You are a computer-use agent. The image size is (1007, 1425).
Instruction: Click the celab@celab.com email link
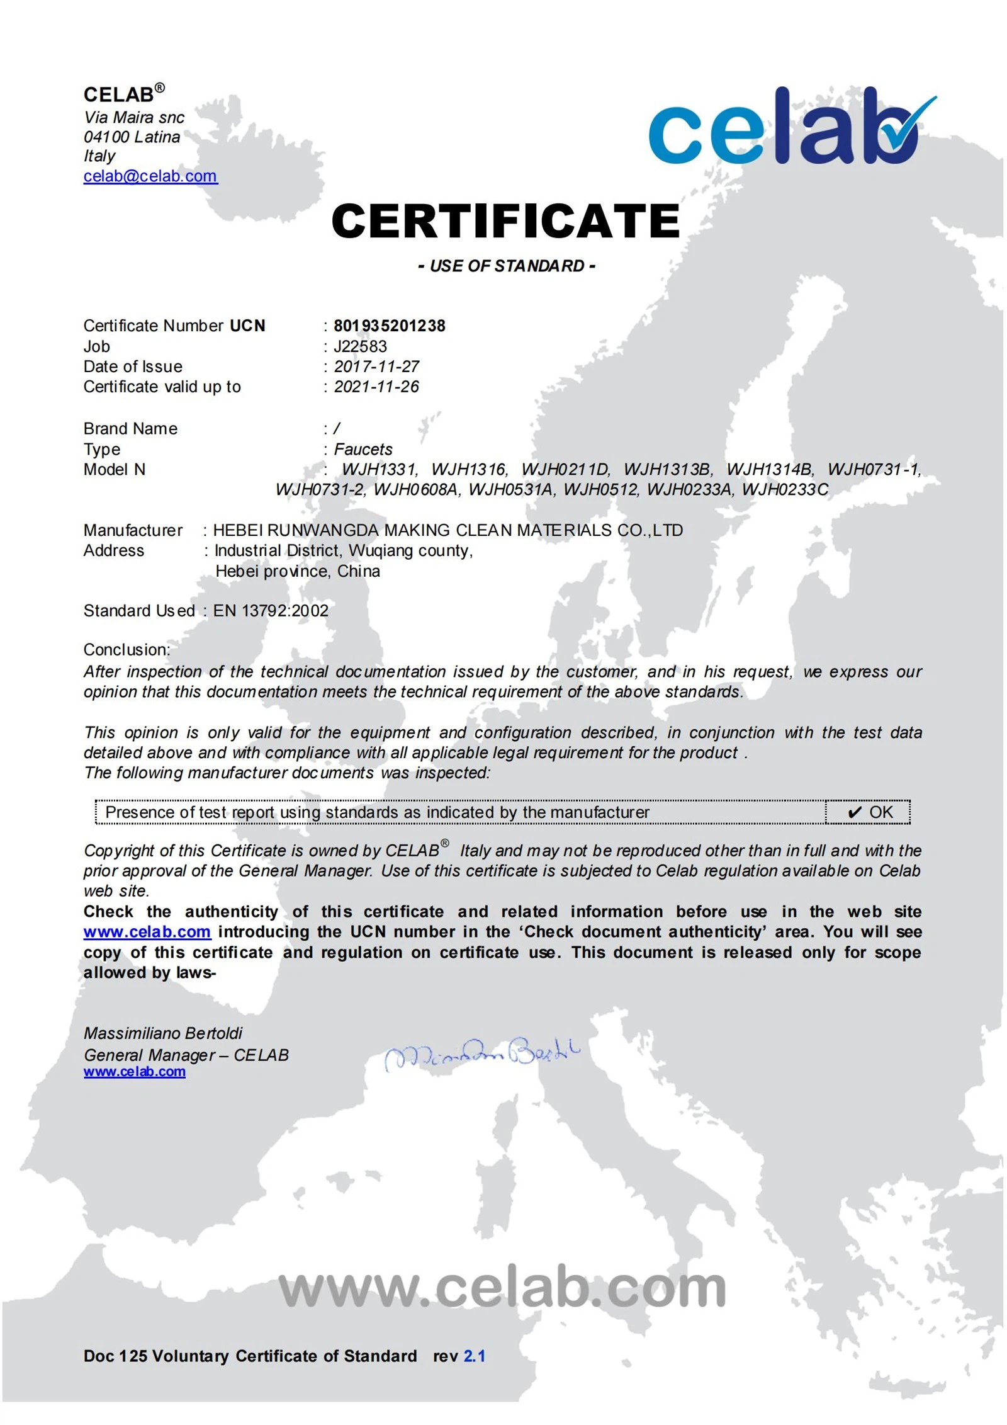click(150, 176)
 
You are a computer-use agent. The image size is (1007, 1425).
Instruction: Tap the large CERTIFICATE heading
click(505, 221)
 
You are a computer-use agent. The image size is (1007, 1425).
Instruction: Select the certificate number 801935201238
click(389, 326)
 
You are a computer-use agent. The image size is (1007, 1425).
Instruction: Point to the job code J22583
click(360, 346)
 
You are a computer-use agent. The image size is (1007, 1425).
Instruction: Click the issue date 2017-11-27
click(376, 366)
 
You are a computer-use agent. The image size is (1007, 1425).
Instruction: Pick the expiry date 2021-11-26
click(376, 387)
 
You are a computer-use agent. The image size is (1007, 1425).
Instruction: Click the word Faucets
click(363, 449)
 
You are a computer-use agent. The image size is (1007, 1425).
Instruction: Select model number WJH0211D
click(565, 469)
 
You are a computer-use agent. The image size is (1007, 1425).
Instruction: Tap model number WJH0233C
click(785, 489)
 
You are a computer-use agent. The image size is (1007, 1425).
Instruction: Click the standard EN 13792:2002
click(271, 610)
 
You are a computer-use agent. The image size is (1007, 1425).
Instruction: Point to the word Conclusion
click(127, 649)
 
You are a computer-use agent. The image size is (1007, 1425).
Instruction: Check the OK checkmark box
click(869, 812)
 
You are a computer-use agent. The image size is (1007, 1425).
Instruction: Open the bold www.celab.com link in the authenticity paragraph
click(147, 931)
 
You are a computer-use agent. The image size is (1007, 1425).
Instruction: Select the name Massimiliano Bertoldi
click(163, 1033)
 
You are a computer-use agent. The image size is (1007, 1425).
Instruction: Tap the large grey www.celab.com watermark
click(502, 1288)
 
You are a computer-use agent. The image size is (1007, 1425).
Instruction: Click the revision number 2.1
click(474, 1356)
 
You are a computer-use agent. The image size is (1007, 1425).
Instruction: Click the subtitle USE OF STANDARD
click(506, 266)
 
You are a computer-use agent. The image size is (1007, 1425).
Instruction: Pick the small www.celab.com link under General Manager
click(134, 1071)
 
